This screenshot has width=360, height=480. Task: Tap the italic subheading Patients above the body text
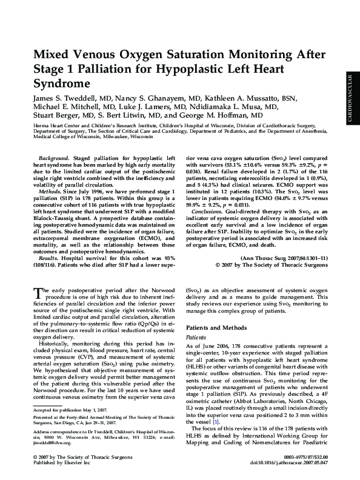pos(196,336)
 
